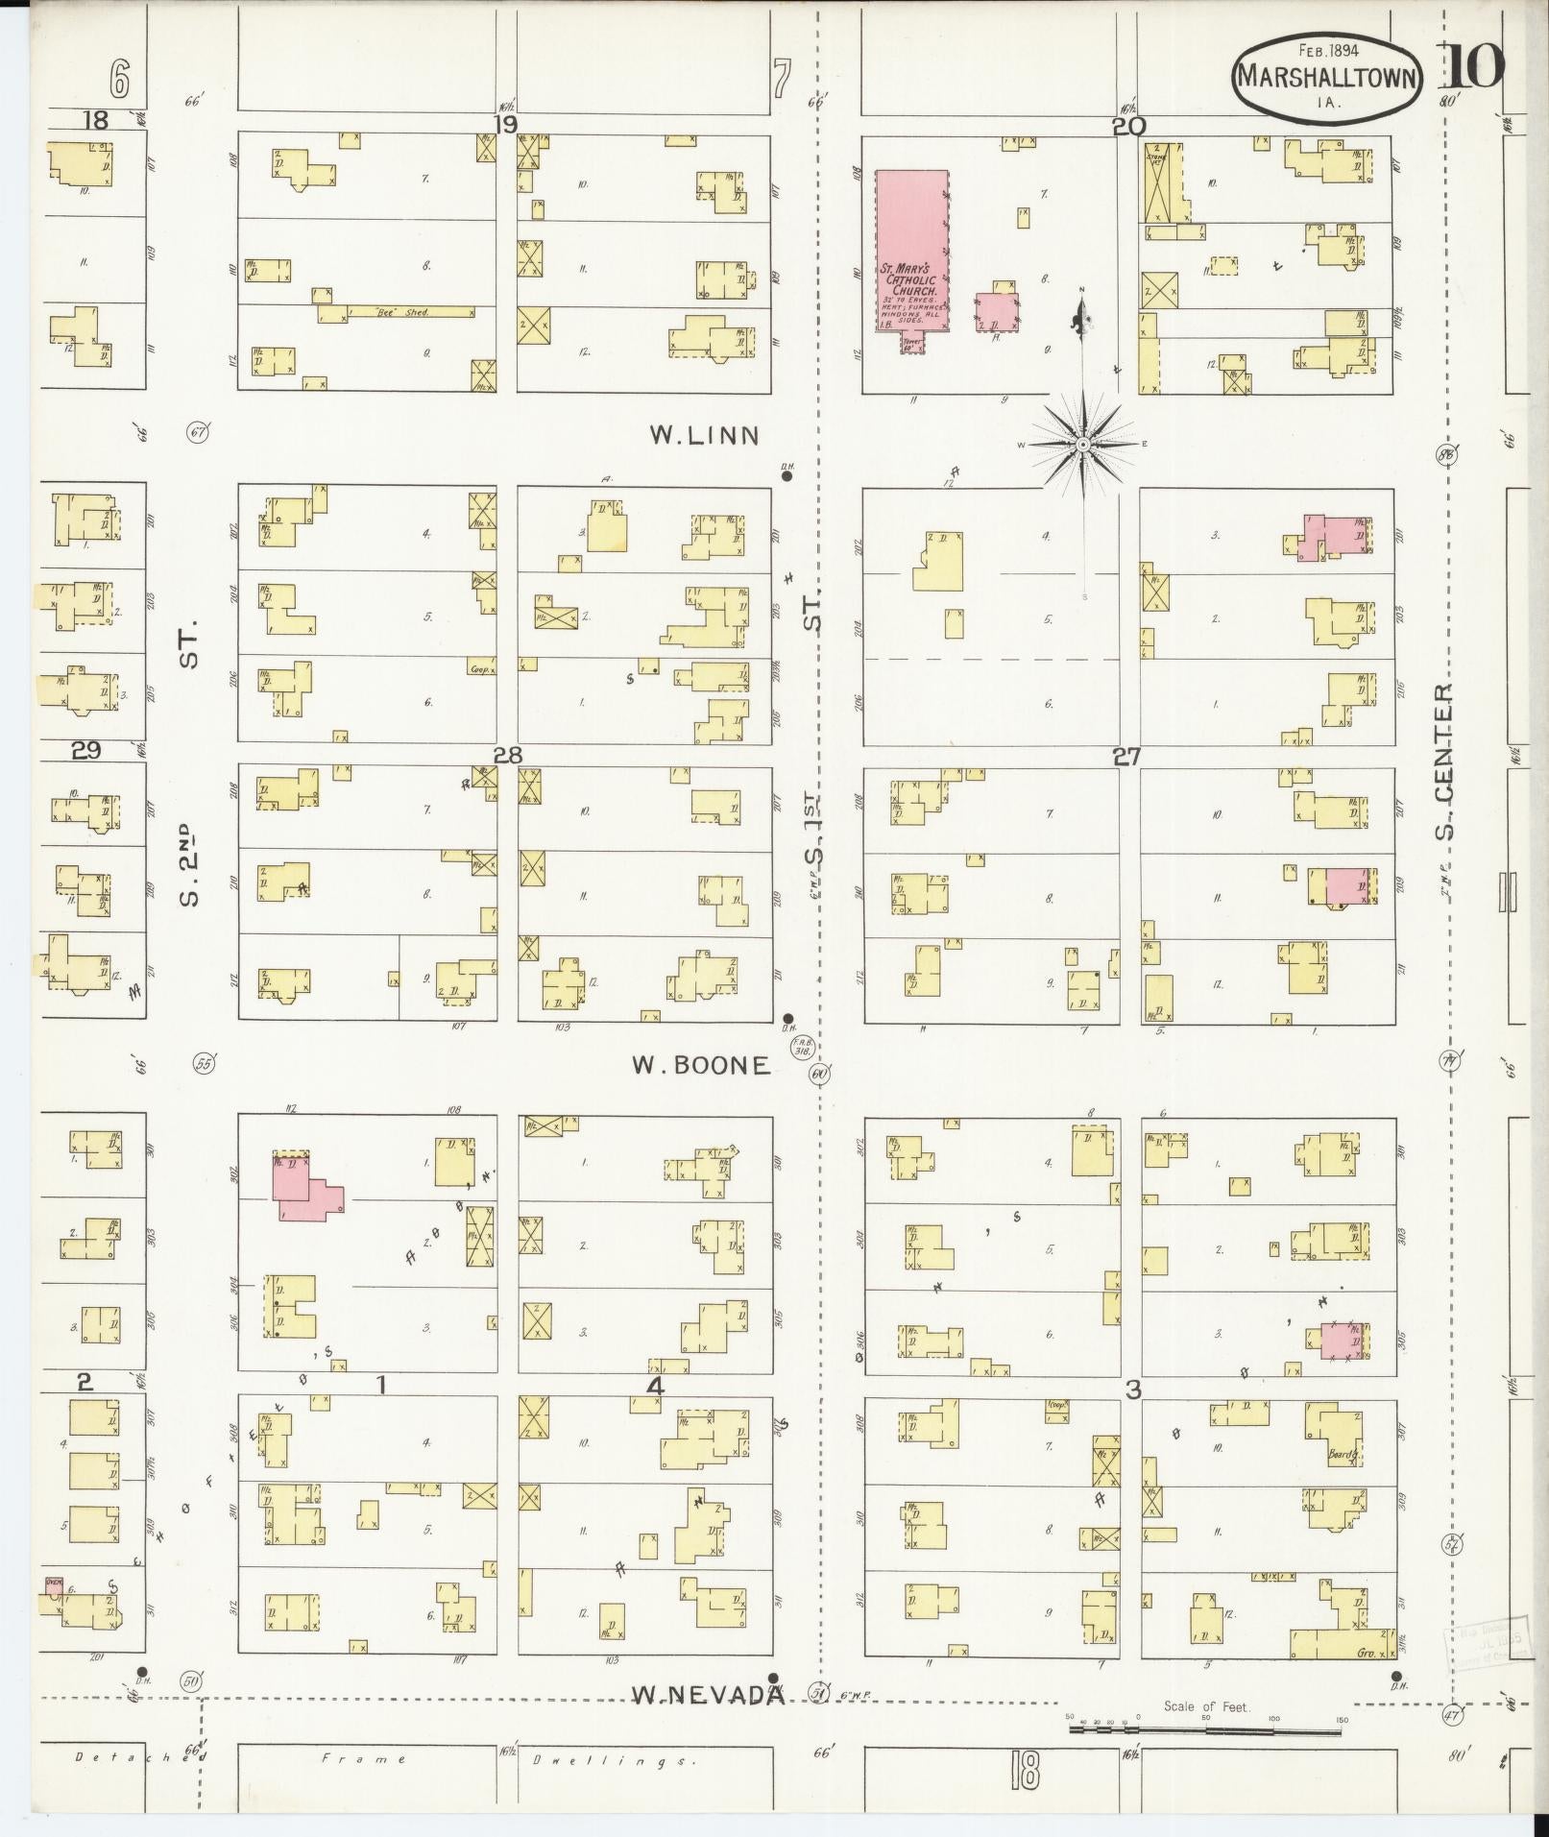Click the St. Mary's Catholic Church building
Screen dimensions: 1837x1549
[911, 252]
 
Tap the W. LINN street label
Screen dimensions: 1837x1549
[704, 436]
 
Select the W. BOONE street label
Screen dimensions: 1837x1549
[701, 1065]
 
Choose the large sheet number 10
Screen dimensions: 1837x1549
[1473, 67]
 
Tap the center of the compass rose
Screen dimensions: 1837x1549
[1083, 445]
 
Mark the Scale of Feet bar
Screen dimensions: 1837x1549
[1205, 1731]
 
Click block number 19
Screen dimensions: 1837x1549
[505, 124]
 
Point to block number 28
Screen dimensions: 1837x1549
[507, 756]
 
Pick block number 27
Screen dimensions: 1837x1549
[1126, 757]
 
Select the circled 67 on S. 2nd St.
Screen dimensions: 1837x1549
[199, 432]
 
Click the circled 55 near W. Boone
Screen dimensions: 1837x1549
[203, 1064]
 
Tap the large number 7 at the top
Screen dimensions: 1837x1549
[782, 79]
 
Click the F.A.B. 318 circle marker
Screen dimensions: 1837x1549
[800, 1048]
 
